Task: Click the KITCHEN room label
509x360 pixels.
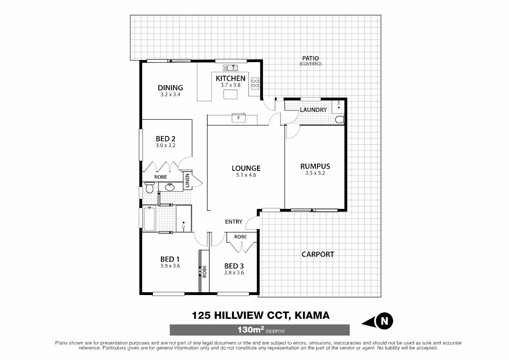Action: pos(230,78)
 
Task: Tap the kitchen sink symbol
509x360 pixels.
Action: pos(230,68)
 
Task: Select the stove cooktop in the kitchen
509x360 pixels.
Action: pos(255,83)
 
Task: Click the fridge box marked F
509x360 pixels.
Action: pos(239,118)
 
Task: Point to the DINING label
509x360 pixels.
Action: pos(170,88)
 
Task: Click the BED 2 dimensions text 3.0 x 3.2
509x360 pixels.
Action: pos(166,145)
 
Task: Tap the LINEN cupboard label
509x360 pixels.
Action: pos(187,181)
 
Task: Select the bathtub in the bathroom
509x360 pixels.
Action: pos(149,219)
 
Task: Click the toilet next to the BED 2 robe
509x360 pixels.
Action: pos(149,188)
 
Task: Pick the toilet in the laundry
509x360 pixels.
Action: pos(339,119)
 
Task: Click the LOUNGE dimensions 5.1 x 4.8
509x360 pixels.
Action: pos(246,175)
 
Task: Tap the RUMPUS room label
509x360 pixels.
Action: pos(315,166)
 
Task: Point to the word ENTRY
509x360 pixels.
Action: pos(234,222)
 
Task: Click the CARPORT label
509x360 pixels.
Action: pos(317,254)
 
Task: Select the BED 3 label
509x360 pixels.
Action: pos(234,266)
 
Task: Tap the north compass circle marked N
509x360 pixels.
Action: pos(384,321)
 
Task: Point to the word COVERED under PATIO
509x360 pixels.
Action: pos(310,64)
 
